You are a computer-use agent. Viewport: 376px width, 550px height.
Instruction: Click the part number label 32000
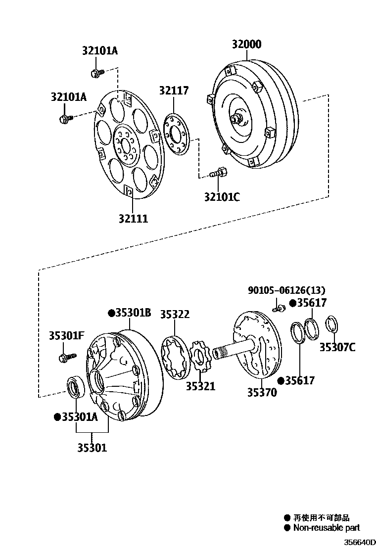[246, 45]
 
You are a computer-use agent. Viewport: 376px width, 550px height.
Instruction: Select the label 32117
[174, 91]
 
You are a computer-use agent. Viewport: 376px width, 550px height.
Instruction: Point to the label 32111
[133, 218]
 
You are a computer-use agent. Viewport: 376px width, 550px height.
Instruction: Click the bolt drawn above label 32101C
[218, 173]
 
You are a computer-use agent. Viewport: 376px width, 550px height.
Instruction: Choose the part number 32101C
[222, 197]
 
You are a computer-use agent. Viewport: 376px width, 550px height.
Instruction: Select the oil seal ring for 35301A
[76, 386]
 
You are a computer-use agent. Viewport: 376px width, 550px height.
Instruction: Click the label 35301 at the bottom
[92, 448]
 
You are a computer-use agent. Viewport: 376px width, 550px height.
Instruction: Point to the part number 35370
[262, 392]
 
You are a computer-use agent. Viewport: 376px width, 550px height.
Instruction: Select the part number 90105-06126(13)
[286, 290]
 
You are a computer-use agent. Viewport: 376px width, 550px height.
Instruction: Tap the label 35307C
[337, 347]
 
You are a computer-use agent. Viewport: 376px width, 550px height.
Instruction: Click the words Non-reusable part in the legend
[327, 528]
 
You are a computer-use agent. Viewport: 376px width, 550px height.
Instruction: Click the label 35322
[174, 315]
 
